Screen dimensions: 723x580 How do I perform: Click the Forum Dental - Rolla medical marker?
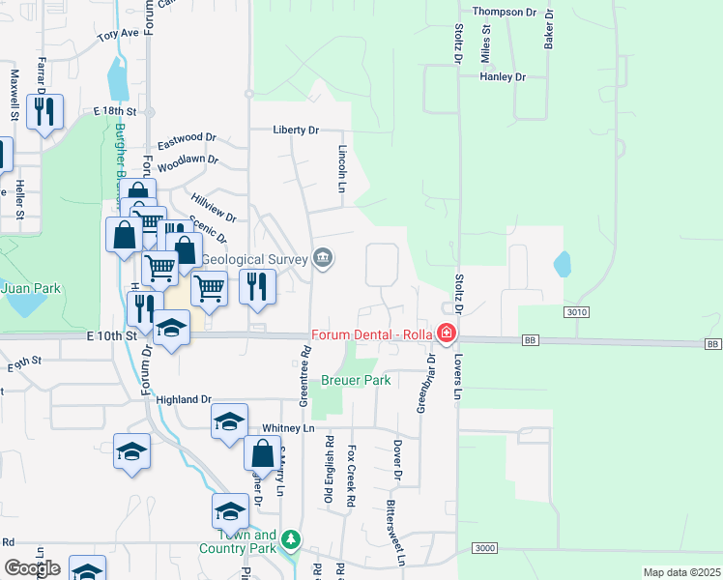pos(447,334)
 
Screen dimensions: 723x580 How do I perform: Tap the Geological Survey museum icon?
pos(323,258)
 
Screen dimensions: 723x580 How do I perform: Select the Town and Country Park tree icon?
pos(289,541)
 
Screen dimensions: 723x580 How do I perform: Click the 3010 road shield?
pos(576,312)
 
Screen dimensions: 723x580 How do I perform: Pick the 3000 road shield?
pos(485,548)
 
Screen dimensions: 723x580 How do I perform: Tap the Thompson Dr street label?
pos(504,12)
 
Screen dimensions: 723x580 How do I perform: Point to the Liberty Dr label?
pos(296,130)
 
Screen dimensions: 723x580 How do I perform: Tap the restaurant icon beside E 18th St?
pos(44,112)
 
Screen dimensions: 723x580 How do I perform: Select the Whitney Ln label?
pos(288,427)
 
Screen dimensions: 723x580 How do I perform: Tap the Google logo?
pos(32,567)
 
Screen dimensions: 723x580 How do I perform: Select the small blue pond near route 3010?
pos(562,264)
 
